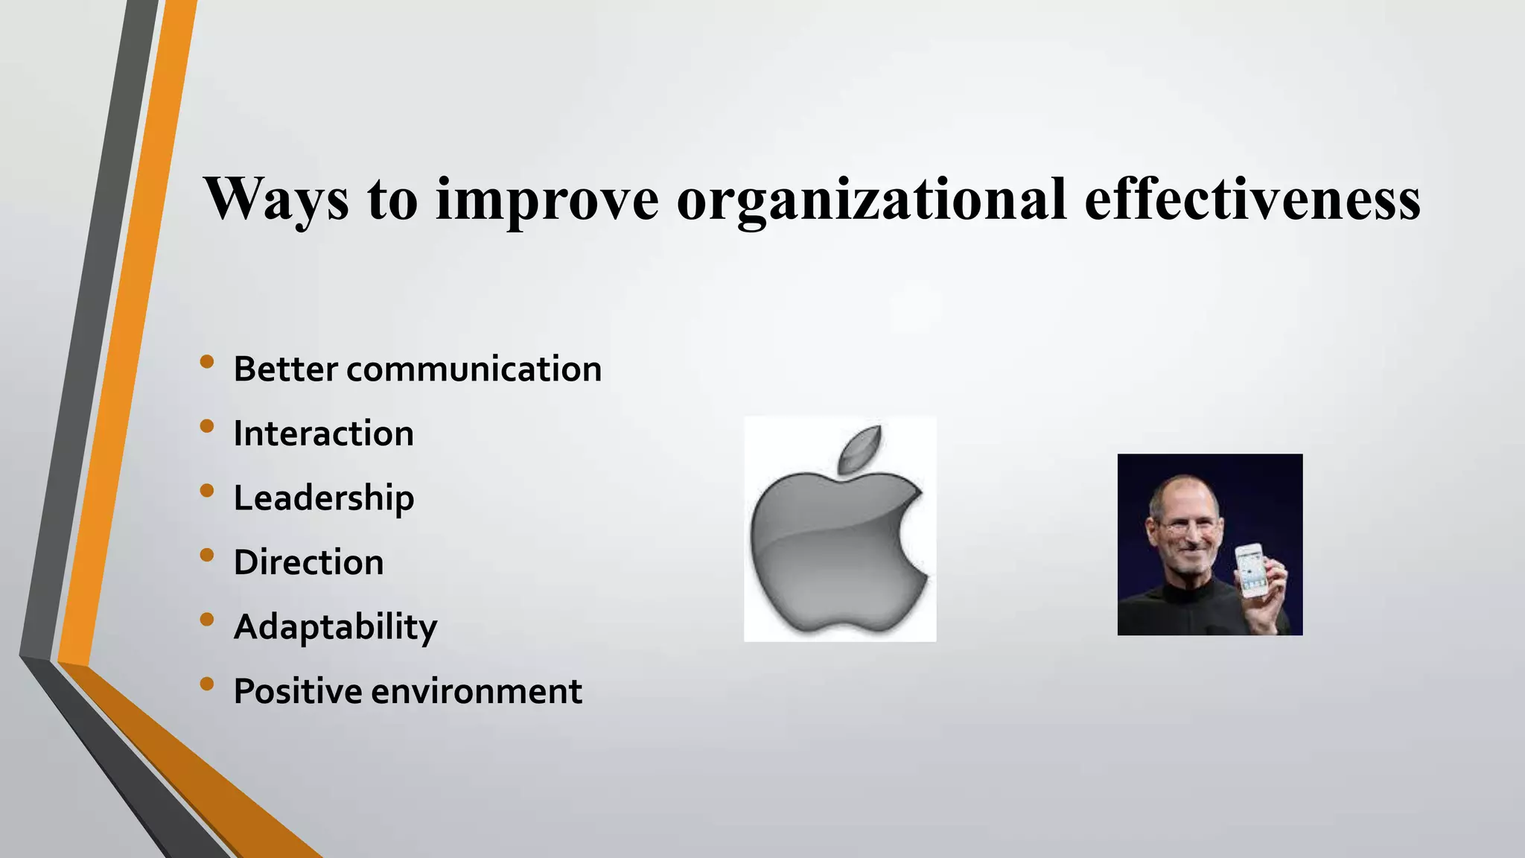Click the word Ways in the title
[x=276, y=199]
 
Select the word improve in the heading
[x=547, y=199]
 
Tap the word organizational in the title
[x=871, y=199]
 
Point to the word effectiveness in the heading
[x=1252, y=199]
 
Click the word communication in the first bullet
[x=474, y=369]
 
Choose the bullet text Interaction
[x=323, y=433]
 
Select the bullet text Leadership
[x=323, y=498]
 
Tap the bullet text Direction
[x=308, y=562]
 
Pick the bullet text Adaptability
[x=335, y=627]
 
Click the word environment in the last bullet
[x=477, y=691]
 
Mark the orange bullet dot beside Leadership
[x=207, y=491]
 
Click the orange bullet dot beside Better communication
[x=207, y=362]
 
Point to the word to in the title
[x=392, y=199]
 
